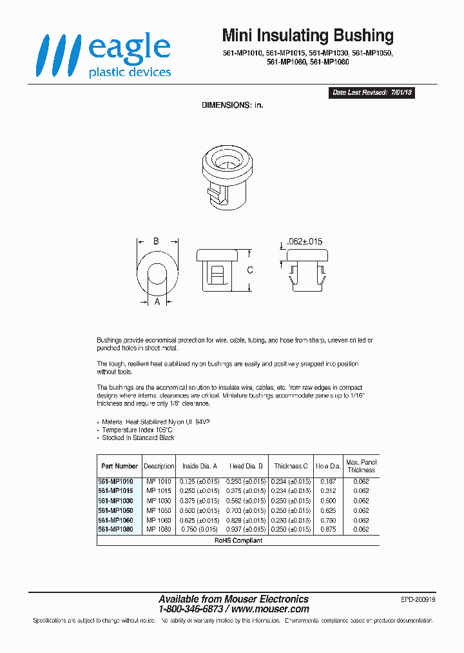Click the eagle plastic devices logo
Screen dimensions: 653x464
pos(104,56)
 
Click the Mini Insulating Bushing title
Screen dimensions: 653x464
pos(307,35)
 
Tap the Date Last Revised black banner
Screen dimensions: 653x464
pos(372,93)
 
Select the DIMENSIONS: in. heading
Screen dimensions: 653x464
pos(233,105)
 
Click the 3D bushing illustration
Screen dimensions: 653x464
pos(225,175)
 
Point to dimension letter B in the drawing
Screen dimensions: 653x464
pos(156,241)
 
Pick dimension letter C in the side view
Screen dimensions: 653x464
pos(250,270)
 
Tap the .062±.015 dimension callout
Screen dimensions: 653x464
pos(303,242)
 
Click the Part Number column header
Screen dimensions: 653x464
pos(119,466)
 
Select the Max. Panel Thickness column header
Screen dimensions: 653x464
pos(362,466)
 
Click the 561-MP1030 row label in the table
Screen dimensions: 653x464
pos(116,501)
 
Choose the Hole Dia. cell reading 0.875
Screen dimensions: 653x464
pos(327,529)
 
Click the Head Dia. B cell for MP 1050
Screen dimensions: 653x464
pos(247,510)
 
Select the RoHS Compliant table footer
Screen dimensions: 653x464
pos(238,540)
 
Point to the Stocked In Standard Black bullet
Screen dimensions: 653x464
pos(138,437)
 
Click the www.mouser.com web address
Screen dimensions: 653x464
pos(270,609)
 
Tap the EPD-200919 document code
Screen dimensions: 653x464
pos(418,599)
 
